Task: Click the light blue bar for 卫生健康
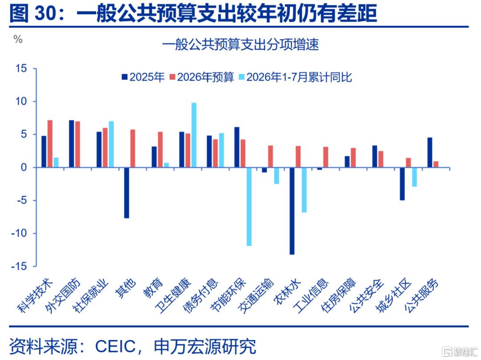click(194, 135)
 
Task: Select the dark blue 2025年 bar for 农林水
click(292, 211)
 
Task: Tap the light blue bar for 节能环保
click(249, 207)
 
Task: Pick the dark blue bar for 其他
click(126, 193)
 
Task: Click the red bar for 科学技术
click(50, 143)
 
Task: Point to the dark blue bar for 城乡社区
click(402, 184)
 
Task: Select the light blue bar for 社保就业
click(111, 144)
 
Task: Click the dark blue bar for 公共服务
click(430, 152)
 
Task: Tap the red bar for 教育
click(160, 149)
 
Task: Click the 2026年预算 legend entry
click(202, 77)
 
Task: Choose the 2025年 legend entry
click(143, 77)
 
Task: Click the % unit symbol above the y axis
click(18, 39)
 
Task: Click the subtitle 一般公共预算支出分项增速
click(240, 45)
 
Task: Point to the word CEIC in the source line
click(115, 347)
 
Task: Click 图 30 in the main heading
click(34, 14)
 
